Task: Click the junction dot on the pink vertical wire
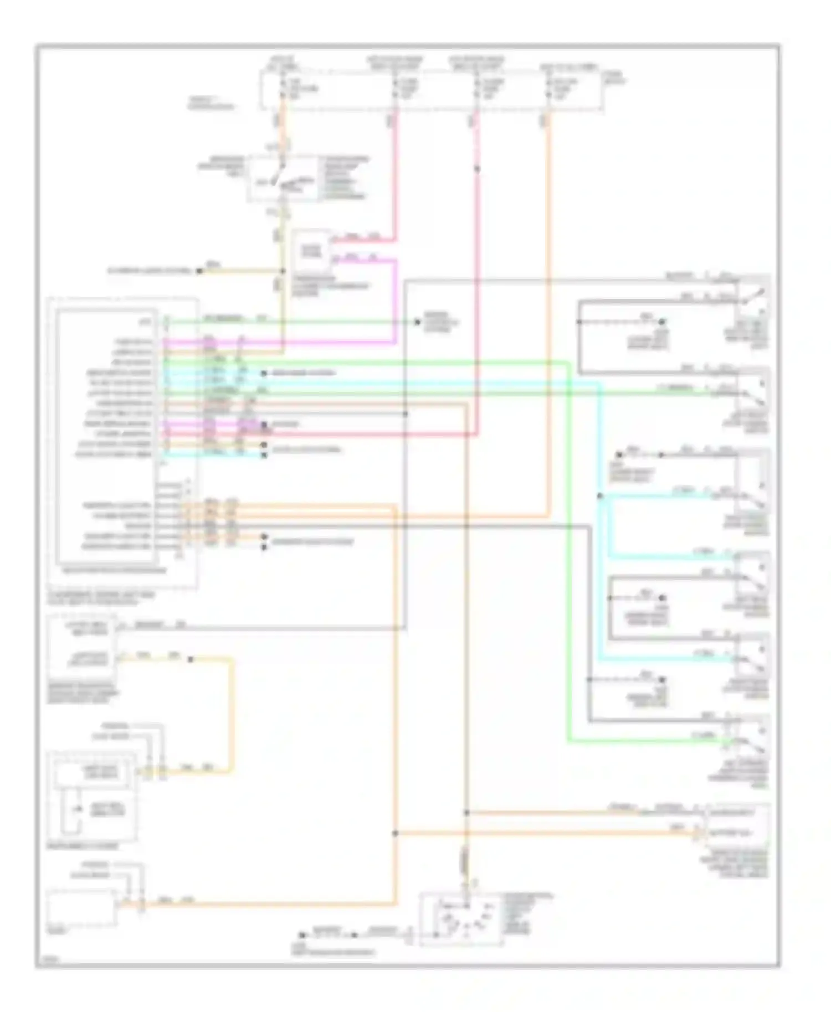[x=477, y=168]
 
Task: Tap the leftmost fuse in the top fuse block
[x=283, y=89]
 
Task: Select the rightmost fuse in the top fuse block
[x=548, y=89]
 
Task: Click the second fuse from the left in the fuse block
[x=396, y=89]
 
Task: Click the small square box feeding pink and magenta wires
[x=311, y=251]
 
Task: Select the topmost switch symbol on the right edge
[x=753, y=302]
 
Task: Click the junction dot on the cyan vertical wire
[x=599, y=495]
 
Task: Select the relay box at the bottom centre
[x=461, y=919]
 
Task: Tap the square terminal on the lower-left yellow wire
[x=190, y=659]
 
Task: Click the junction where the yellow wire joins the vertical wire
[x=283, y=271]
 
